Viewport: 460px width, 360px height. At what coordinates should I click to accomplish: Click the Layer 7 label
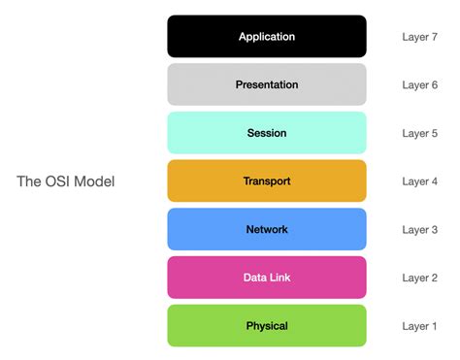(x=420, y=37)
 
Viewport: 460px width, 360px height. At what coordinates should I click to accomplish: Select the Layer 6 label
(x=420, y=85)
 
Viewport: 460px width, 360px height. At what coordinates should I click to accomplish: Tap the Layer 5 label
(x=420, y=133)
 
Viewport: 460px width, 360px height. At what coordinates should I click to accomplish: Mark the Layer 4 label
(x=420, y=181)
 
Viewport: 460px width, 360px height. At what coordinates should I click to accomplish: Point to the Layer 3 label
(x=420, y=230)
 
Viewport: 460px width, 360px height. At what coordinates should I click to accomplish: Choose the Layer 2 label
(x=420, y=278)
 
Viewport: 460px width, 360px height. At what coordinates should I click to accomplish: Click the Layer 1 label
(x=420, y=326)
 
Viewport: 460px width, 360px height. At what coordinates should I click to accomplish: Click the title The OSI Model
(x=66, y=181)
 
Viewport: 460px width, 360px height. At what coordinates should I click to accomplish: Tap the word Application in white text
(x=267, y=37)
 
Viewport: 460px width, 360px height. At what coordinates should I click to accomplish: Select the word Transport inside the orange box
(x=267, y=181)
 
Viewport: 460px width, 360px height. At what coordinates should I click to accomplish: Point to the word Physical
(x=267, y=326)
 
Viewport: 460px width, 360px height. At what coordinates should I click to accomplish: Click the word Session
(x=267, y=133)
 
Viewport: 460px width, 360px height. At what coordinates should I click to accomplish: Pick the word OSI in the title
(x=59, y=181)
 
